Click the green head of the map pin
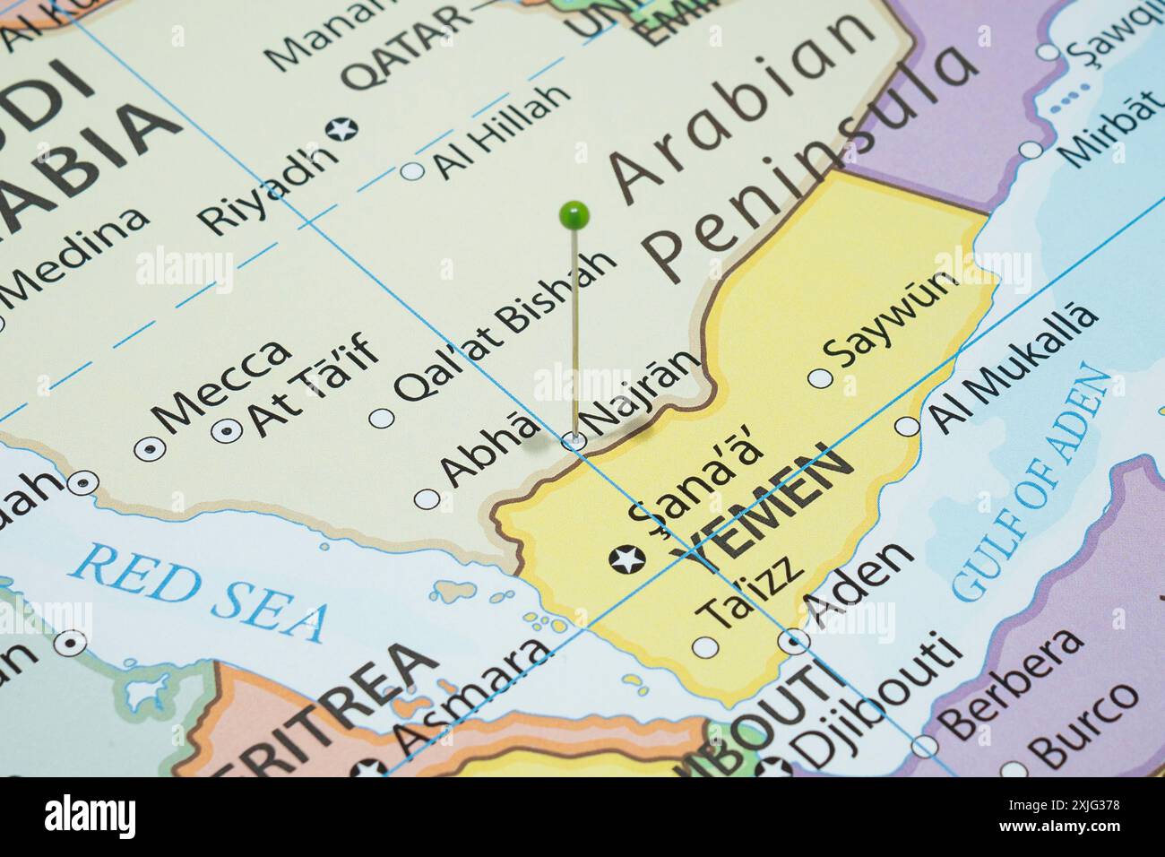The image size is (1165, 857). click(574, 214)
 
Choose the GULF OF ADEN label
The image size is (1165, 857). click(1031, 484)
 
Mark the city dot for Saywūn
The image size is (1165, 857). click(820, 378)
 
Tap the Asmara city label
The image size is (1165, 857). click(470, 696)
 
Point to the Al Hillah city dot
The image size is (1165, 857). click(412, 170)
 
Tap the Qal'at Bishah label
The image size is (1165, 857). click(506, 325)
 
